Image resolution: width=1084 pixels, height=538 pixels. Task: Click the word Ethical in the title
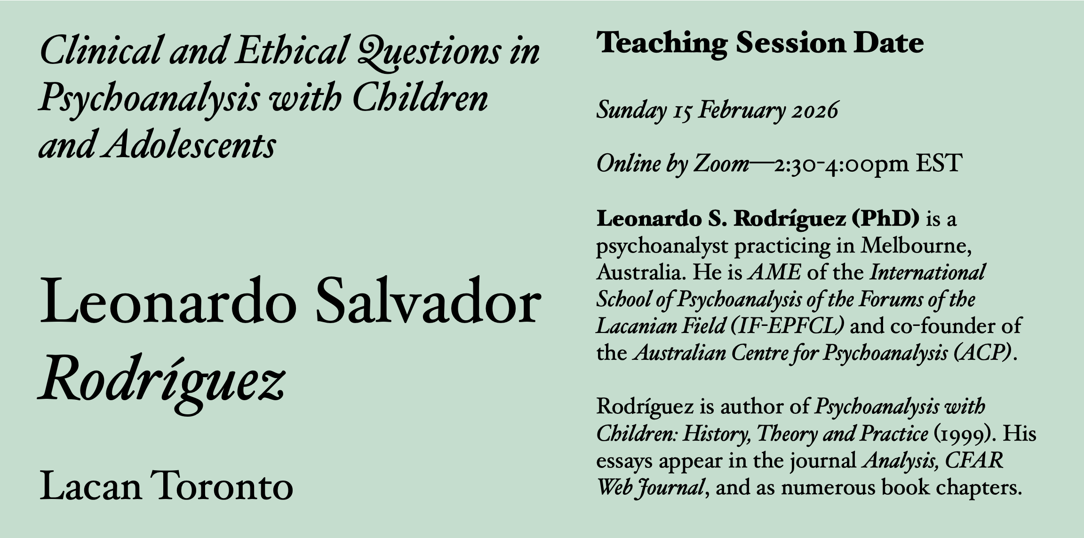pos(291,50)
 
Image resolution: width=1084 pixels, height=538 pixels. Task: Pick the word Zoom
pos(721,164)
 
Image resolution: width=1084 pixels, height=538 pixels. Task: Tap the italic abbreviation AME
pos(774,273)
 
